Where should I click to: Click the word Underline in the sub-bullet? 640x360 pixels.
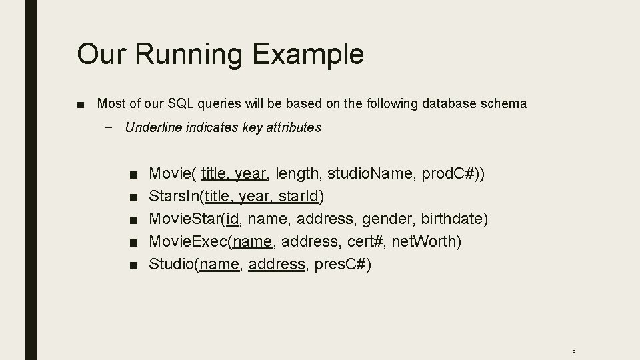click(x=152, y=127)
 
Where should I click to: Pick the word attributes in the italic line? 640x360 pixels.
click(x=293, y=127)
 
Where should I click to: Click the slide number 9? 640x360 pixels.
click(x=574, y=349)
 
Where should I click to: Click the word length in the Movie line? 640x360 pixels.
click(x=297, y=174)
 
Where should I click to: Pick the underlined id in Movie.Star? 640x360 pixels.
click(x=233, y=219)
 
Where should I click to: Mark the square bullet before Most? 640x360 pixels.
click(x=81, y=105)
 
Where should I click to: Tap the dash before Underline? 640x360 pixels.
click(x=108, y=127)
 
